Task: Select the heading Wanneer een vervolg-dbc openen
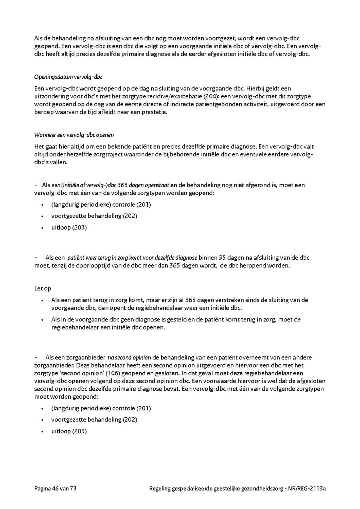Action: coord(74,135)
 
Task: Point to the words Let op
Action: coord(43,288)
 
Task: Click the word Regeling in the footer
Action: coord(160,488)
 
